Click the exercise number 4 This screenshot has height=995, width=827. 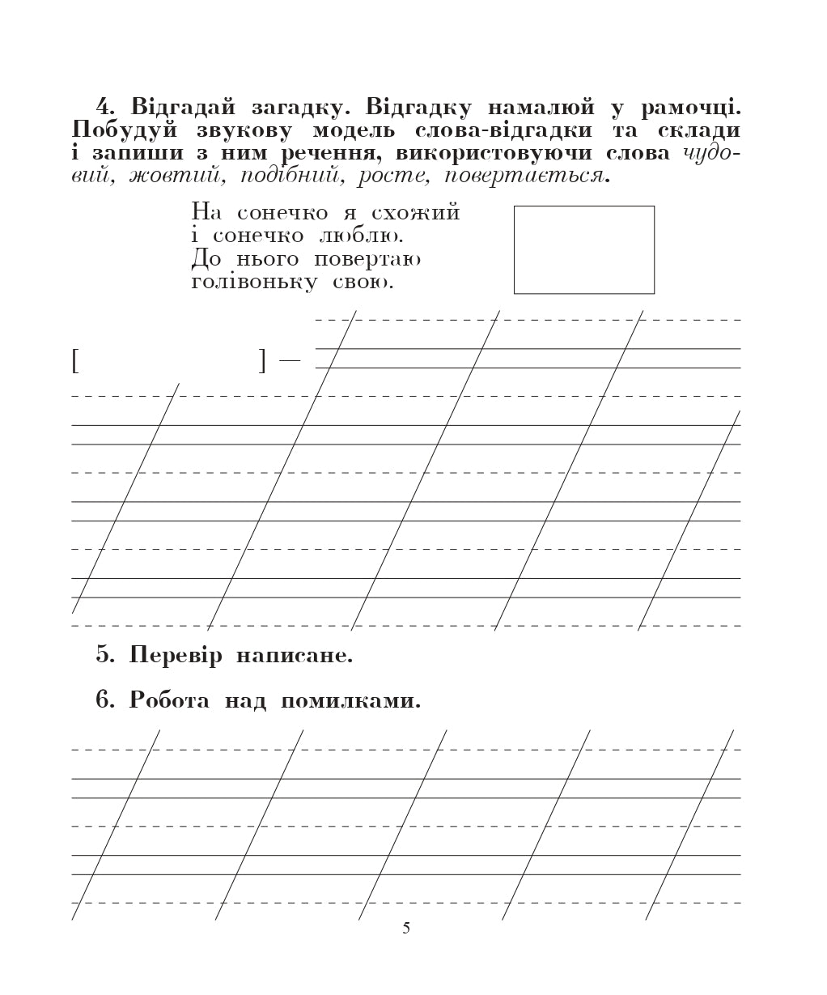103,107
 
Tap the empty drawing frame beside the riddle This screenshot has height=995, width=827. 583,249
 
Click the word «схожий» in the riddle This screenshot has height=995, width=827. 415,213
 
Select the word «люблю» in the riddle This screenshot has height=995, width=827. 360,236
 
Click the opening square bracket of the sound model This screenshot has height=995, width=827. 75,360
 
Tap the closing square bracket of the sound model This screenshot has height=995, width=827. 261,360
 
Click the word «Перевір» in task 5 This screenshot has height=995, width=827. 175,655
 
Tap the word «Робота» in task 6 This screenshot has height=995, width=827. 169,700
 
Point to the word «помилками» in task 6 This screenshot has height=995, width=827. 350,700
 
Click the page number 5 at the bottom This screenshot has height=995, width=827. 406,929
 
